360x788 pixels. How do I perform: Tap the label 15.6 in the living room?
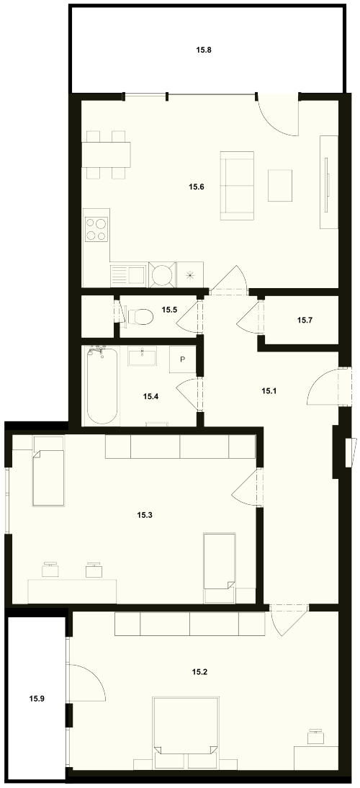(x=196, y=187)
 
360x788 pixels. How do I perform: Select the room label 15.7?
(x=305, y=319)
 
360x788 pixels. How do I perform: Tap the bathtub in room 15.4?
(x=102, y=385)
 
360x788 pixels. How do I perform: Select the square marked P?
(x=182, y=359)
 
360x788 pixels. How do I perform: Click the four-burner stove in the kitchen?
(x=96, y=228)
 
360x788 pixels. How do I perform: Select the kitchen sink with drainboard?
(x=129, y=275)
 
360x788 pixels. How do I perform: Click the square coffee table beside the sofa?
(x=279, y=185)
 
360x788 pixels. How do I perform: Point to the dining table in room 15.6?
(x=106, y=155)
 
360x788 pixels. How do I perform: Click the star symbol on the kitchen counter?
(x=190, y=275)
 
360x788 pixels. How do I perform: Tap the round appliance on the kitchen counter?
(x=162, y=275)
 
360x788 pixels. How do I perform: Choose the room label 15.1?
(x=269, y=390)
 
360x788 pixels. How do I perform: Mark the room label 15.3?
(x=144, y=514)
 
